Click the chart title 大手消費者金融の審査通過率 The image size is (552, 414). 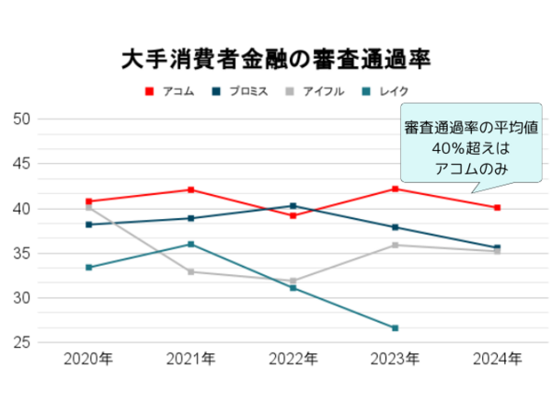pyautogui.click(x=276, y=60)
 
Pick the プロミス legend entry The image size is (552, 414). pyautogui.click(x=241, y=91)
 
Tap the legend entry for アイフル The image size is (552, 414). pyautogui.click(x=315, y=91)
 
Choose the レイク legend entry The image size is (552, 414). pyautogui.click(x=385, y=91)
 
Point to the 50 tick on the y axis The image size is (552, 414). pyautogui.click(x=23, y=119)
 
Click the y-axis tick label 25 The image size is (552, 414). pyautogui.click(x=23, y=342)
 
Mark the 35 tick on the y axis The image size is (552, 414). pyautogui.click(x=23, y=253)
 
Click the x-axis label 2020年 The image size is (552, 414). pyautogui.click(x=88, y=359)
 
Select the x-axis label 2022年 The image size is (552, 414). pyautogui.click(x=293, y=359)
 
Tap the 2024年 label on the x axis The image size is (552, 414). pyautogui.click(x=497, y=359)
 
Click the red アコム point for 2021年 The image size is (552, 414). pyautogui.click(x=190, y=190)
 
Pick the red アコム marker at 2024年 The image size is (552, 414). pyautogui.click(x=497, y=208)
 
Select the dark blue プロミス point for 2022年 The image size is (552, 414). pyautogui.click(x=293, y=206)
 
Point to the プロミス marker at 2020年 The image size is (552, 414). pyautogui.click(x=88, y=224)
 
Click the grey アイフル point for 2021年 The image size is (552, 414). pyautogui.click(x=190, y=271)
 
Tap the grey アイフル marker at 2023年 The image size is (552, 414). pyautogui.click(x=395, y=245)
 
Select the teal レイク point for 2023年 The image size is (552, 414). pyautogui.click(x=395, y=328)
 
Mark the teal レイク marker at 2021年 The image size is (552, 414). pyautogui.click(x=190, y=244)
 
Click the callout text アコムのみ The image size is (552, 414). pyautogui.click(x=457, y=169)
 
